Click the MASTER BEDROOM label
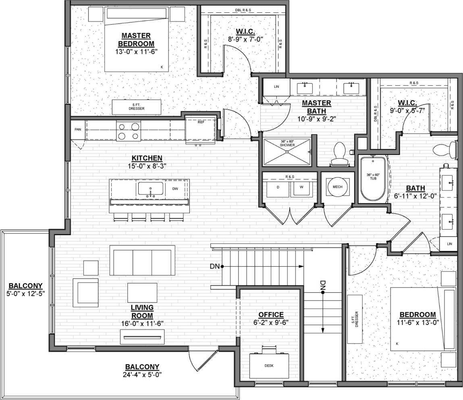137,39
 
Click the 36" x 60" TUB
373,178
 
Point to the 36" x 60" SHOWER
287,151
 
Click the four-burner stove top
128,131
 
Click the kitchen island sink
151,189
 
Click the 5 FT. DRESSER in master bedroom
133,107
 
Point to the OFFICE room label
271,315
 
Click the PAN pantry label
77,129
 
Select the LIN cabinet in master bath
276,87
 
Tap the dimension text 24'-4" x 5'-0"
142,374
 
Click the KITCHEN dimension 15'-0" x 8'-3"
147,165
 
